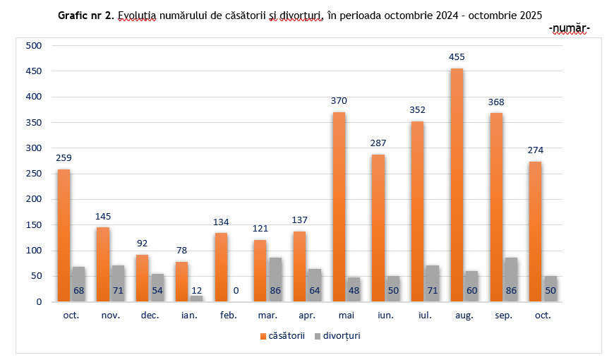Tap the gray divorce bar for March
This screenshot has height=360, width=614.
click(x=275, y=280)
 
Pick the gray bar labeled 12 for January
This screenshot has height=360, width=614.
click(x=195, y=299)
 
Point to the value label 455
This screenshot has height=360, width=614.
click(x=457, y=56)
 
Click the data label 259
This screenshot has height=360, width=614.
click(x=64, y=157)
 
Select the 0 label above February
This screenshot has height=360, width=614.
click(x=235, y=290)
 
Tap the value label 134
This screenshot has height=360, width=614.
click(x=221, y=222)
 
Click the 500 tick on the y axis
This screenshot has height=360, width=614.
click(x=34, y=46)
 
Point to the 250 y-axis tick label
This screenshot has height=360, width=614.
click(x=34, y=174)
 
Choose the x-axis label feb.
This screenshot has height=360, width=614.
click(x=228, y=316)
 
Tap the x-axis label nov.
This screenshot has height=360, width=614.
click(x=110, y=316)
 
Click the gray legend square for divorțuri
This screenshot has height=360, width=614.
click(x=317, y=336)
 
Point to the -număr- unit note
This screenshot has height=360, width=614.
click(x=568, y=28)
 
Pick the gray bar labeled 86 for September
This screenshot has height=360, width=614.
click(x=510, y=280)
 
